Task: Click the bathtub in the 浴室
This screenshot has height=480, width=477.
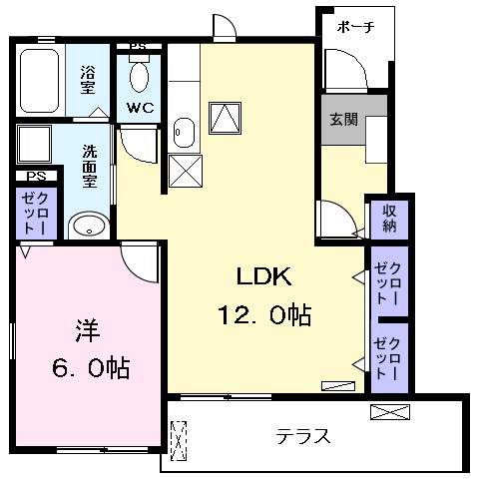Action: click(40, 81)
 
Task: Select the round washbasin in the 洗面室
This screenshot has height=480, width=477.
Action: click(89, 227)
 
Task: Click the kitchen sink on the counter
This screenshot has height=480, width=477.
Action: click(184, 133)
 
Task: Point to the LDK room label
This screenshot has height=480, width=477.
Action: click(263, 276)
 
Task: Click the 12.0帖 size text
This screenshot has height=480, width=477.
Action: click(264, 314)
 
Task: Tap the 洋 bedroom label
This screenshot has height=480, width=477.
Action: click(88, 330)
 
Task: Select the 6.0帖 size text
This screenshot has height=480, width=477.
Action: click(91, 367)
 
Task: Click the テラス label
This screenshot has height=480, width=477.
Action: click(303, 436)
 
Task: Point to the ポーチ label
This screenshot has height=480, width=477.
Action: click(355, 27)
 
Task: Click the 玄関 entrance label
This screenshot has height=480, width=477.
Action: click(343, 119)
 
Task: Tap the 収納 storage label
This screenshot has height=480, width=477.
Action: click(389, 219)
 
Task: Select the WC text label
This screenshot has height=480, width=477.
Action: click(140, 108)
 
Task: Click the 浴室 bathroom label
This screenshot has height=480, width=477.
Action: click(88, 80)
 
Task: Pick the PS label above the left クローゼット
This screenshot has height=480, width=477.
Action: click(36, 176)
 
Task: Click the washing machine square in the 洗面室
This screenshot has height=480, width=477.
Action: click(34, 144)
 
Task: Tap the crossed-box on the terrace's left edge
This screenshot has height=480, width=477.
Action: click(179, 441)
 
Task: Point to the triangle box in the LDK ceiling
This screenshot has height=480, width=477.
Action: click(225, 118)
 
